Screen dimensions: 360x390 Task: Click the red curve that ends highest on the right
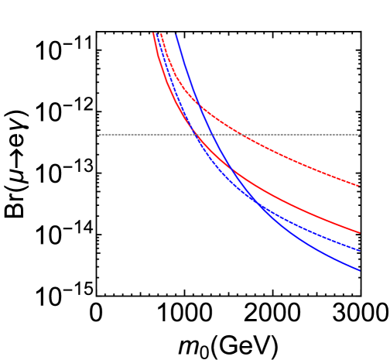pyautogui.click(x=310, y=165)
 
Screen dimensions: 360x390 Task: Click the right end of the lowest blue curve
pyautogui.click(x=360, y=270)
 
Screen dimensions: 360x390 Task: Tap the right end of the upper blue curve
pyautogui.click(x=360, y=251)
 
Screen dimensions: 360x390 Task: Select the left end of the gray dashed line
pyautogui.click(x=97, y=135)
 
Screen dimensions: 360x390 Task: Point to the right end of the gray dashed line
pyautogui.click(x=360, y=135)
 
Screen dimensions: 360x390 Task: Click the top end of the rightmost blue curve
pyautogui.click(x=176, y=33)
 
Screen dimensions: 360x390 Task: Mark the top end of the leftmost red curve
pyautogui.click(x=153, y=33)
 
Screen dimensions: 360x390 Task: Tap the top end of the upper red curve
pyautogui.click(x=162, y=33)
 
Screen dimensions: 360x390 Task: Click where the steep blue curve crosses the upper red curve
pyautogui.click(x=197, y=103)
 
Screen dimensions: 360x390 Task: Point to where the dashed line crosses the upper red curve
pyautogui.click(x=242, y=135)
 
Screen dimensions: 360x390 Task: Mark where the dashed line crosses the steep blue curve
pyautogui.click(x=211, y=135)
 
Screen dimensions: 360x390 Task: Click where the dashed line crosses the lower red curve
pyautogui.click(x=193, y=135)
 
